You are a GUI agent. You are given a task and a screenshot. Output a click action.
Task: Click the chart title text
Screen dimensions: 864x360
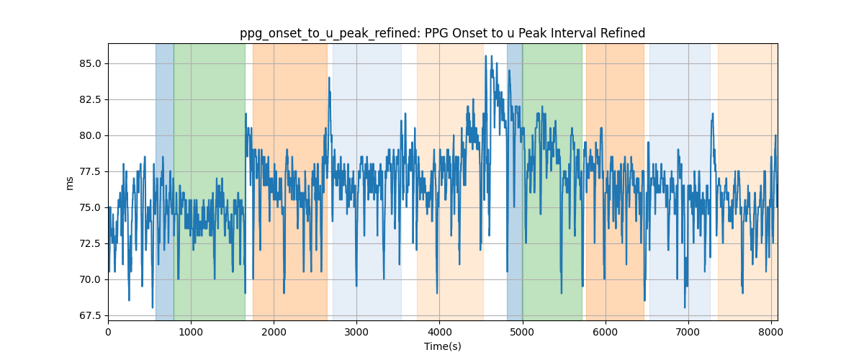(442, 33)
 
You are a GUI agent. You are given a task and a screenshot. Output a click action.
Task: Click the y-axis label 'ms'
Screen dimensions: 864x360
(69, 184)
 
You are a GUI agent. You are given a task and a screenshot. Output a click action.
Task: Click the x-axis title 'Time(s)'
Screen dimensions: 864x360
(442, 346)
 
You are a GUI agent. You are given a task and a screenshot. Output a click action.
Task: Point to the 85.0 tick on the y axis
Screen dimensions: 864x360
(90, 63)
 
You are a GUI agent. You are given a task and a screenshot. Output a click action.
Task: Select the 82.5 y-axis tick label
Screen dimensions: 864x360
(90, 99)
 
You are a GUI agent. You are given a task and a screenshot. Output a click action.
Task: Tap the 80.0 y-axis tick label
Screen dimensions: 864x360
(90, 136)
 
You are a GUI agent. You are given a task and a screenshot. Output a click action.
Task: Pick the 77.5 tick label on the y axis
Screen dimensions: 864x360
(90, 171)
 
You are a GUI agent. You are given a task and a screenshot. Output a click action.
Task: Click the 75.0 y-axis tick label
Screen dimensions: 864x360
(90, 207)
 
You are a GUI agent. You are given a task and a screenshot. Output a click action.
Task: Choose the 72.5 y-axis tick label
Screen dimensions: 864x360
(90, 243)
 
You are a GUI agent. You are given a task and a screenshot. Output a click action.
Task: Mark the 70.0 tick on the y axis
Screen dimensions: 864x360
(90, 280)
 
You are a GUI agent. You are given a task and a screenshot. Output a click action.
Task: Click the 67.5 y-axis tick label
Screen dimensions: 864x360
(90, 315)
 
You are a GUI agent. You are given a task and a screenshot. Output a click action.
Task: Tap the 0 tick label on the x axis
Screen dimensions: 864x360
(109, 332)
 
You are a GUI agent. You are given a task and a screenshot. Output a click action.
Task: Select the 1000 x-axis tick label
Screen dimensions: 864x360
(191, 332)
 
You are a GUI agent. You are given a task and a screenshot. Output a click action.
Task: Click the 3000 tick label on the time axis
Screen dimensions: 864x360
(357, 332)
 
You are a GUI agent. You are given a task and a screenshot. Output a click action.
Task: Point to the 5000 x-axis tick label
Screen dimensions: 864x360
(523, 332)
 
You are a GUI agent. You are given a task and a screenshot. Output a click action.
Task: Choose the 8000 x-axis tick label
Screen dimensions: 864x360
(771, 332)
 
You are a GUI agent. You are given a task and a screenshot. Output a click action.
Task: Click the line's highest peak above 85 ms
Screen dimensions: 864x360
(485, 56)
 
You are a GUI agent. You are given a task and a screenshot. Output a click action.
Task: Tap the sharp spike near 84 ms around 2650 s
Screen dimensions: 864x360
(329, 78)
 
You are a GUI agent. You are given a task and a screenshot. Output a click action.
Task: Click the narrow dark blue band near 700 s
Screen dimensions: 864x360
(165, 181)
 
